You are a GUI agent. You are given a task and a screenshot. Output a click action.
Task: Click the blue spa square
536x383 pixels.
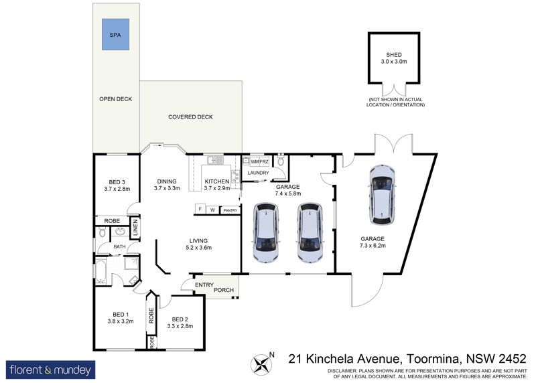(115, 35)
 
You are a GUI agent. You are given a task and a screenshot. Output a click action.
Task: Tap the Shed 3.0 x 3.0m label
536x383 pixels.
(394, 58)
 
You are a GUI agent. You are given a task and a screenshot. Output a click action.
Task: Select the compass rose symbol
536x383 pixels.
(261, 364)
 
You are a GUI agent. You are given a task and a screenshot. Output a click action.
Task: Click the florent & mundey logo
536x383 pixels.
(51, 370)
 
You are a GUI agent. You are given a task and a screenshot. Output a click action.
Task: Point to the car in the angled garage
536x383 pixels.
(383, 195)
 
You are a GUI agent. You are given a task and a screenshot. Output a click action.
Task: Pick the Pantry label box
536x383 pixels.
(230, 210)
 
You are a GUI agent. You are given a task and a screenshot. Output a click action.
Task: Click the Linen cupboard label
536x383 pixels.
(135, 228)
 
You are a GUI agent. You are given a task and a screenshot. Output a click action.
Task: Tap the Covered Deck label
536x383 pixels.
(190, 117)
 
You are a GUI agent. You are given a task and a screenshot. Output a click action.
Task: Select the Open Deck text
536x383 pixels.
(115, 99)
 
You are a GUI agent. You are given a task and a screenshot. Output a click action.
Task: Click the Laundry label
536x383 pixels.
(258, 173)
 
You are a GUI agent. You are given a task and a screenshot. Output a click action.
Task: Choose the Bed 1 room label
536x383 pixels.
(121, 318)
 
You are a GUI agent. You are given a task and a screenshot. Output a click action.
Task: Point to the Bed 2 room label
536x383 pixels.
(180, 323)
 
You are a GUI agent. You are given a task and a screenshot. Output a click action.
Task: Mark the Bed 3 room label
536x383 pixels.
(117, 185)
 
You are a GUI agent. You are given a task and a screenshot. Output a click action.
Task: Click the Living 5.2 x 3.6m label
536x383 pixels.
(198, 244)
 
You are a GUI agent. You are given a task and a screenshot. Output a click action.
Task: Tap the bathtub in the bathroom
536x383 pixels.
(100, 272)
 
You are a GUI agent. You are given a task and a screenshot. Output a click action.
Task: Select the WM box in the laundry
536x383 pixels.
(255, 161)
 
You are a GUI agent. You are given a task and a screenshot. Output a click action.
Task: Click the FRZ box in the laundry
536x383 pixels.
(264, 161)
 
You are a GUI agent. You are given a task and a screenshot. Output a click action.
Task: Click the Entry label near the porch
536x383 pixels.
(204, 285)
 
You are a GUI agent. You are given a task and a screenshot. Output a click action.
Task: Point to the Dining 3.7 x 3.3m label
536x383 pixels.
(167, 185)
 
